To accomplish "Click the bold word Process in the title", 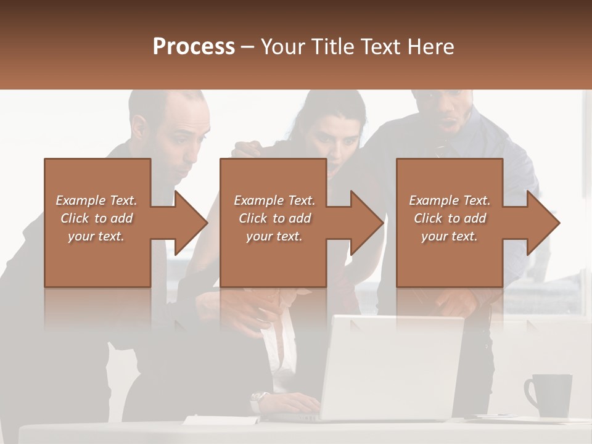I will click(x=194, y=47).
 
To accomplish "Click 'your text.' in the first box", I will click(x=96, y=236).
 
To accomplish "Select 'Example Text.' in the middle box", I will click(x=274, y=200).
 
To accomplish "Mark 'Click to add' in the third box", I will click(x=450, y=218).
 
